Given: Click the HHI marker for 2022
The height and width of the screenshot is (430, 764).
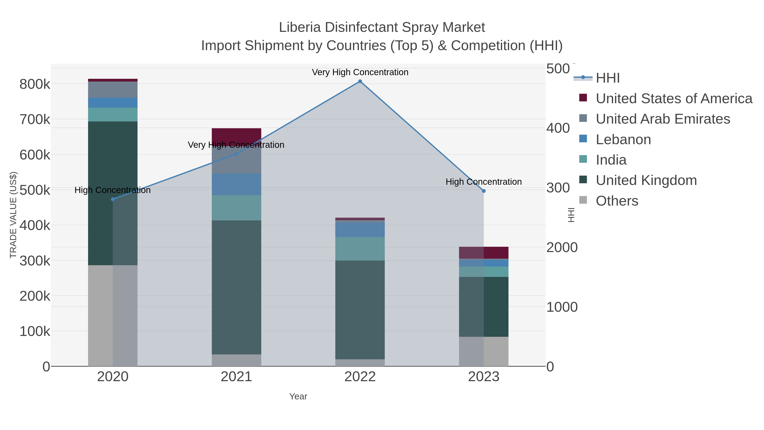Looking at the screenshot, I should point(360,81).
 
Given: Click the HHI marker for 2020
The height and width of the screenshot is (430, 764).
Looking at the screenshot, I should point(113,199).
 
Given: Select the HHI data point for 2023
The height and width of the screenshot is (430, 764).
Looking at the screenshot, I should point(484,191).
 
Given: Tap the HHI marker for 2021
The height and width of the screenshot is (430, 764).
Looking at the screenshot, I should point(236,154).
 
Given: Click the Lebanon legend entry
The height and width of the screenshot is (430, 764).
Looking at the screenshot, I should point(623,140).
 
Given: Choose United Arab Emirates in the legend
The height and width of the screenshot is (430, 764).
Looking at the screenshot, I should point(663,119).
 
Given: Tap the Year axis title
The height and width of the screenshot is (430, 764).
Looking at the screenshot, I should point(298,396).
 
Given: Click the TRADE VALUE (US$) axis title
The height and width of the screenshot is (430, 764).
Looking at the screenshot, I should point(13,215).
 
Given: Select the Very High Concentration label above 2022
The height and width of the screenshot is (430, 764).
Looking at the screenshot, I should point(360,72).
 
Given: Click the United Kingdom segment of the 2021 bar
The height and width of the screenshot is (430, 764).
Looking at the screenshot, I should point(236,287).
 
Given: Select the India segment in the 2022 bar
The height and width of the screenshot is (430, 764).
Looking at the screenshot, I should point(360,249).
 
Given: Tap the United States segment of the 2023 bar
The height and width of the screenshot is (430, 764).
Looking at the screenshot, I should point(484,252).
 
